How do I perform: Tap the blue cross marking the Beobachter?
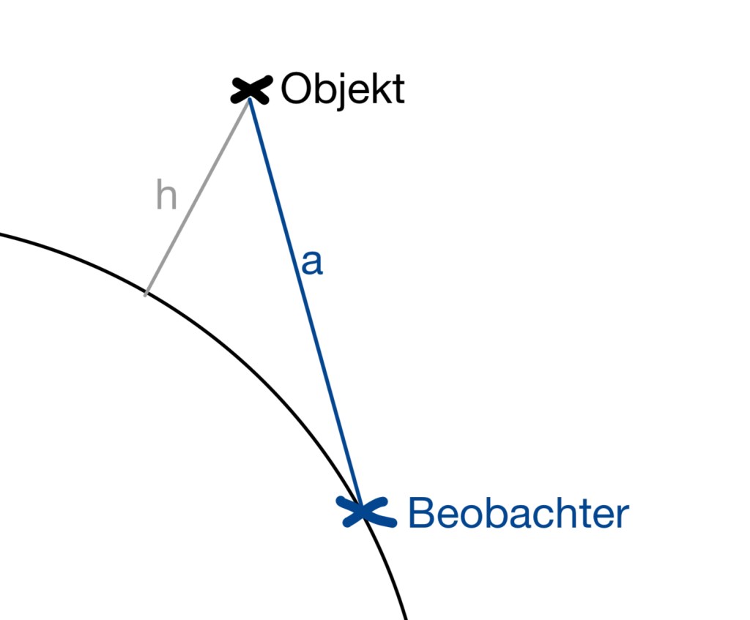(x=364, y=511)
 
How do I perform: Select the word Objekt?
(x=342, y=90)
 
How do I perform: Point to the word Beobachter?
(x=518, y=512)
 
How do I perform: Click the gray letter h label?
(x=167, y=195)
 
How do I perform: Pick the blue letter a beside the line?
(x=312, y=264)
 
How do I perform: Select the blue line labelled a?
(x=304, y=300)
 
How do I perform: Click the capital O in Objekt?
(x=296, y=90)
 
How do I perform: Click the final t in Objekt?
(x=398, y=90)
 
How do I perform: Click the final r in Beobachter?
(x=623, y=515)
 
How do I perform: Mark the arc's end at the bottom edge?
(x=405, y=616)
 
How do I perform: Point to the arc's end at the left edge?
(x=2, y=235)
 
